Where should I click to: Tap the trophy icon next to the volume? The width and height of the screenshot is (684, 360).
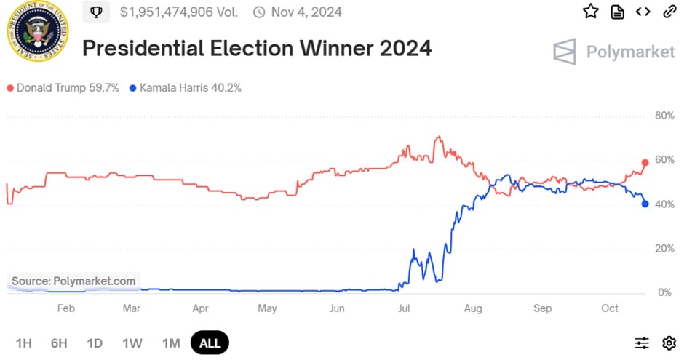[x=96, y=12]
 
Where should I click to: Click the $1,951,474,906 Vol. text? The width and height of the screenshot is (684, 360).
[x=180, y=12]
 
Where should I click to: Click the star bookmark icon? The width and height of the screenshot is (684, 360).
[x=591, y=12]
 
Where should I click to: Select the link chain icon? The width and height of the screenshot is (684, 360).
[x=669, y=12]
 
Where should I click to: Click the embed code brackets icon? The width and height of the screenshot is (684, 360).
[x=643, y=12]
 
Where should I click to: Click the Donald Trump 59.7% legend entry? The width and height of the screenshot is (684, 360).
[x=63, y=88]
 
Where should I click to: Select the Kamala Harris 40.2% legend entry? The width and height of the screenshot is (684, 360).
[x=185, y=88]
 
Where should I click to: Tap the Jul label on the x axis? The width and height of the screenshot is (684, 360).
[x=403, y=308]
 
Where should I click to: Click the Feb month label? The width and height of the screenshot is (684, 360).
[x=65, y=308]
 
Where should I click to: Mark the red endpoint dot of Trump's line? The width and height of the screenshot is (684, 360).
[x=645, y=162]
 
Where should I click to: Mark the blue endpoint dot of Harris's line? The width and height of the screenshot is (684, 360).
[x=645, y=204]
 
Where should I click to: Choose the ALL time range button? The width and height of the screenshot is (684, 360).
[x=210, y=343]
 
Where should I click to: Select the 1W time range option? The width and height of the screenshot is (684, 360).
[x=132, y=343]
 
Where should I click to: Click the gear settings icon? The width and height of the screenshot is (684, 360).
[x=669, y=343]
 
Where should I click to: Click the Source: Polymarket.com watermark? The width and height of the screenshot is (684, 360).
[x=73, y=281]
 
